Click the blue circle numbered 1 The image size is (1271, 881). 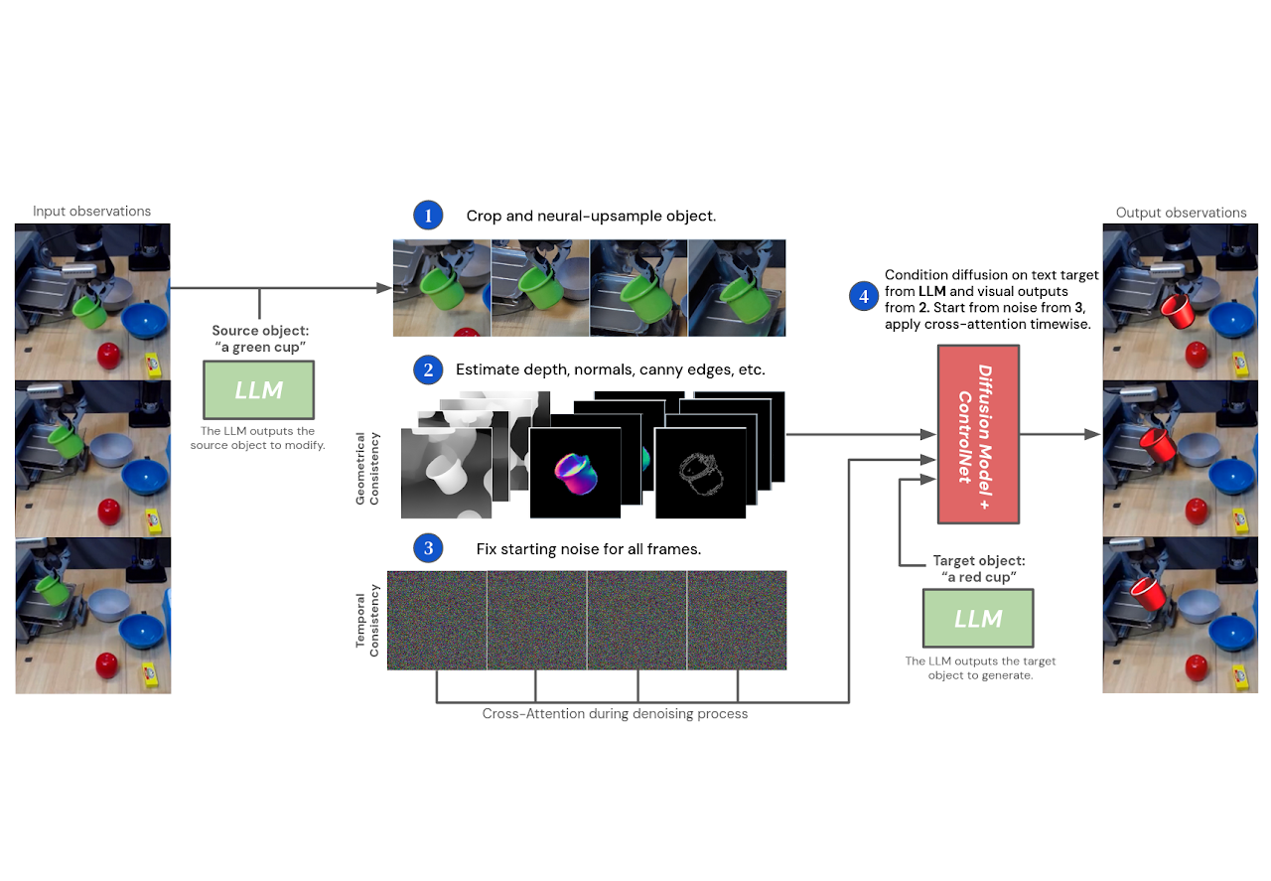click(x=428, y=216)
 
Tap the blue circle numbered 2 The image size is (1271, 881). click(x=428, y=370)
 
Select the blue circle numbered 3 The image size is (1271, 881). click(x=428, y=547)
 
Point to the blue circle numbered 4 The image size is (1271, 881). click(x=863, y=295)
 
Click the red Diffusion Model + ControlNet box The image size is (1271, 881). click(x=979, y=434)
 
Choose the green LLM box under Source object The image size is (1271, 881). click(x=258, y=389)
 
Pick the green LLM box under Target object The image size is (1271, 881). click(x=978, y=619)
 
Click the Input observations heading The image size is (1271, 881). click(x=91, y=211)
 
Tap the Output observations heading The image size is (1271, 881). click(x=1181, y=213)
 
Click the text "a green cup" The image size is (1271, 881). click(x=258, y=348)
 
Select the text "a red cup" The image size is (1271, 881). click(x=978, y=577)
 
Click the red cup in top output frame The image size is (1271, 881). click(x=1179, y=311)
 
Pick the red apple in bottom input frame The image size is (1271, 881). click(x=108, y=664)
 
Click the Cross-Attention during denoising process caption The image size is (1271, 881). click(x=615, y=713)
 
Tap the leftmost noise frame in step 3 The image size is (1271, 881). click(x=437, y=620)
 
